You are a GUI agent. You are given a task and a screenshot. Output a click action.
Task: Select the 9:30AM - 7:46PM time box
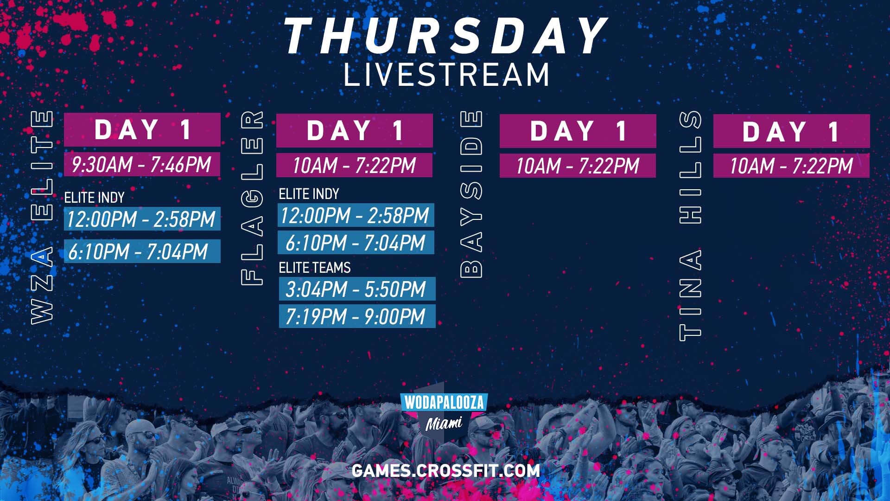click(x=142, y=165)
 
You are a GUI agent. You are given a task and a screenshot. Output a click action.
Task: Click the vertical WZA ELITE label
click(x=42, y=217)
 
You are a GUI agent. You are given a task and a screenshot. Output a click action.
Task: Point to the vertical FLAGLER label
click(x=253, y=197)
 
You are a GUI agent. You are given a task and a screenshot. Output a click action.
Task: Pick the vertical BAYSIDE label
click(x=471, y=194)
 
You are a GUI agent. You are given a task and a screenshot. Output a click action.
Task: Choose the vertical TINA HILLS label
click(x=690, y=225)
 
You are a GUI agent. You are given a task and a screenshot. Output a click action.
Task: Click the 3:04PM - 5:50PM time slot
click(x=356, y=289)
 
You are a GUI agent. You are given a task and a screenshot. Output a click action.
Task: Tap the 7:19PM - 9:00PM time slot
click(x=356, y=316)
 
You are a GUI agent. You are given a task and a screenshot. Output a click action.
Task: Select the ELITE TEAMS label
click(x=315, y=268)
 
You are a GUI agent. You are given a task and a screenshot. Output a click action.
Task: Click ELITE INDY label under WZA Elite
click(x=95, y=198)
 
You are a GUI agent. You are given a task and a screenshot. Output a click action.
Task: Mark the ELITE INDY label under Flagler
click(x=309, y=194)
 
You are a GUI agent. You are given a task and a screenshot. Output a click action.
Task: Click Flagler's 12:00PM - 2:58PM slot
click(x=356, y=216)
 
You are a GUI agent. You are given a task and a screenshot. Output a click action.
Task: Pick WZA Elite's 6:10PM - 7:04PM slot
click(x=142, y=251)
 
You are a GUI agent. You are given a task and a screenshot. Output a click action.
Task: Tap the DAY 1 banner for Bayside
click(x=578, y=131)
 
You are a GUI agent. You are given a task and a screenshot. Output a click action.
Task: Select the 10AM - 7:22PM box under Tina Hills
click(x=791, y=166)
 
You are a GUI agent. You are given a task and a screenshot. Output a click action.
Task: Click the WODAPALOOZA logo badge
click(x=444, y=402)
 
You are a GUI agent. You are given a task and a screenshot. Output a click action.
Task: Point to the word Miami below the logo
click(x=444, y=423)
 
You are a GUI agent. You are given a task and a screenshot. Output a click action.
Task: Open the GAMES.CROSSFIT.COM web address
click(x=445, y=470)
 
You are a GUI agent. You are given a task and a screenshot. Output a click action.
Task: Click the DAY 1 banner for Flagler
click(x=354, y=130)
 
